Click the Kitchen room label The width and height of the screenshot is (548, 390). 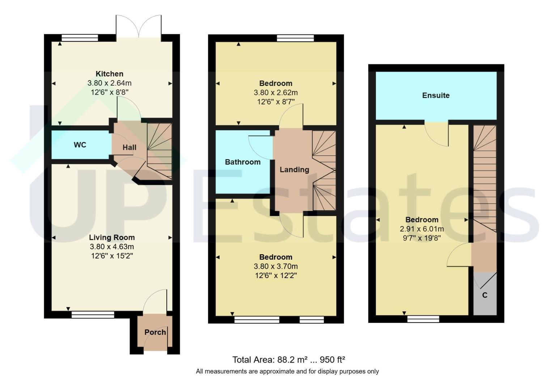(x=109, y=74)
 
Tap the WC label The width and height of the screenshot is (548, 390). (x=80, y=145)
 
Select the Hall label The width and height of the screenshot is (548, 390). (x=129, y=147)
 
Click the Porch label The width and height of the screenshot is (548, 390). (x=155, y=332)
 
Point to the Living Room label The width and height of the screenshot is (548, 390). (x=112, y=238)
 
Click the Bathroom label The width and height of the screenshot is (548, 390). (x=243, y=162)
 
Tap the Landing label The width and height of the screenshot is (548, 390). (x=294, y=170)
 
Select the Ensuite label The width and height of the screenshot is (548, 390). (x=436, y=95)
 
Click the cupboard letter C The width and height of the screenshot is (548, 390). (x=485, y=295)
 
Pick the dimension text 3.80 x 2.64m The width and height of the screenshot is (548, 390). (x=110, y=83)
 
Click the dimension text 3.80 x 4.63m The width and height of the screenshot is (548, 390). (x=112, y=247)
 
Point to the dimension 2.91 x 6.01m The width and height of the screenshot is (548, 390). (x=422, y=229)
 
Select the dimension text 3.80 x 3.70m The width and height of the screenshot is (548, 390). (x=276, y=266)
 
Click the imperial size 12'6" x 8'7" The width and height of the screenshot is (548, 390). (x=276, y=102)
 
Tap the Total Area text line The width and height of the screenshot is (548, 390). (x=289, y=360)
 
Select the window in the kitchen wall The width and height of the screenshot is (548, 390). (x=80, y=38)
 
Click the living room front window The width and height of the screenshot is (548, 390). (x=93, y=315)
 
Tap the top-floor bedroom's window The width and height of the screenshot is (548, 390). (x=423, y=319)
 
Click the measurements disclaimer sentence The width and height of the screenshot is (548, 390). (x=287, y=372)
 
